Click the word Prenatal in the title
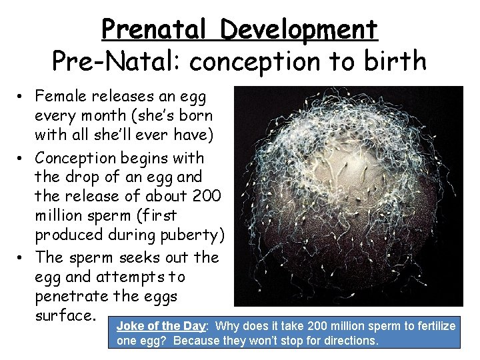(x=157, y=29)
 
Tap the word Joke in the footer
(x=129, y=327)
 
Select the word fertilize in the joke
(x=432, y=327)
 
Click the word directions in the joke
(x=351, y=341)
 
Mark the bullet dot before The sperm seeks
(x=22, y=257)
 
